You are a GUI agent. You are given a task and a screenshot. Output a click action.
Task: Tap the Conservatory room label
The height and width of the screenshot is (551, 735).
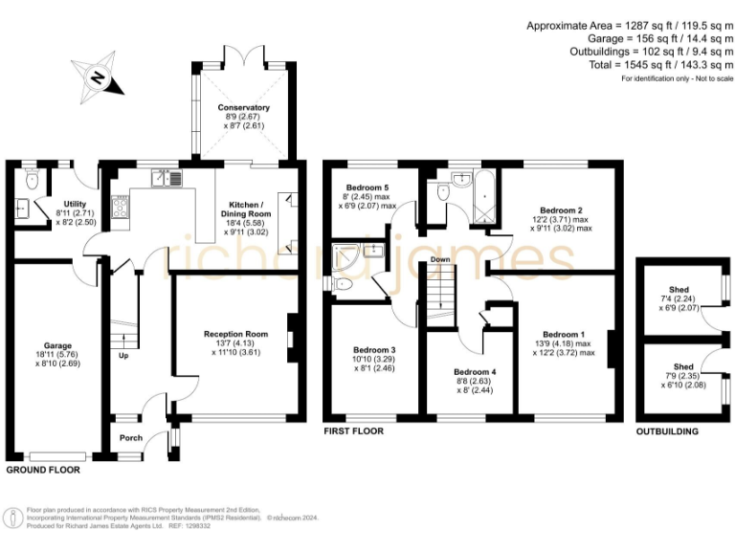(x=243, y=108)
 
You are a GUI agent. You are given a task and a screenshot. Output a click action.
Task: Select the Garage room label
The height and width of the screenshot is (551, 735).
(x=56, y=345)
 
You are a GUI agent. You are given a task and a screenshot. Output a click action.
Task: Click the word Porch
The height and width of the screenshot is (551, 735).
(x=130, y=438)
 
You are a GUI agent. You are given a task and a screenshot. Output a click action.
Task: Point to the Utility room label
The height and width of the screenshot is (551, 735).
(x=76, y=204)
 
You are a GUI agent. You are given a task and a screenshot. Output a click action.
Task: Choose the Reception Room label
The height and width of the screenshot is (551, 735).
(x=235, y=335)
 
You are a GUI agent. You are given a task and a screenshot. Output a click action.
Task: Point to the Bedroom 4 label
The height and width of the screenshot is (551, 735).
(x=475, y=371)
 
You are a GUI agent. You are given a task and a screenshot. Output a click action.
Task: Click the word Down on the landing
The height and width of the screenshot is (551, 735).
(x=440, y=259)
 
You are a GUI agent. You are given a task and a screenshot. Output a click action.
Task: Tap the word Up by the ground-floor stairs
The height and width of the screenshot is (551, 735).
(x=123, y=355)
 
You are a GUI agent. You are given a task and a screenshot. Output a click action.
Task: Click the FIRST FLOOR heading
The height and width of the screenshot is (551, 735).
(x=353, y=431)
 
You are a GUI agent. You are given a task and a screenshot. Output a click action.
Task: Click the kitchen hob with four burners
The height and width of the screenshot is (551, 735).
(x=122, y=207)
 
